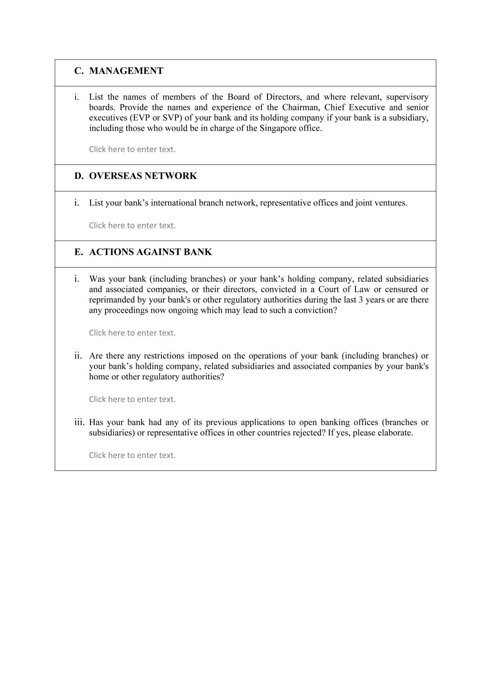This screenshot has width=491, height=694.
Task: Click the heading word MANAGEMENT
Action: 126,71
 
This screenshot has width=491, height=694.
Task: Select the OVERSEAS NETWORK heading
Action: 143,176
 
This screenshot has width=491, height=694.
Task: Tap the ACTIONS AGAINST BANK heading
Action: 150,252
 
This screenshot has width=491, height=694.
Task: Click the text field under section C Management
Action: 132,149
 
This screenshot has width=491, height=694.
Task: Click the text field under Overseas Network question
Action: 132,225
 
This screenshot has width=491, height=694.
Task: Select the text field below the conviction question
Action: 132,333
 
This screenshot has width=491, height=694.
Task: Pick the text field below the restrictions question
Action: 132,399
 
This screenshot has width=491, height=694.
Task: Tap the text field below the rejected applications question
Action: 132,455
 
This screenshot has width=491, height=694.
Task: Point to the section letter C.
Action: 79,71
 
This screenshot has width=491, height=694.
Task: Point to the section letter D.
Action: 79,176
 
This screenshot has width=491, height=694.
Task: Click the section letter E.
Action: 79,252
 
